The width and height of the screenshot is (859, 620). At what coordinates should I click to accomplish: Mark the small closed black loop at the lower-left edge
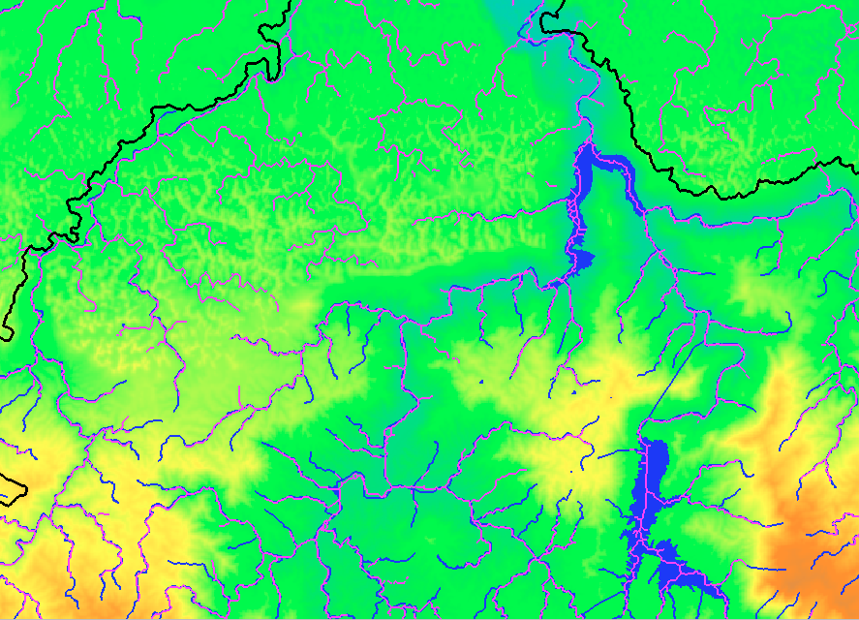point(12,489)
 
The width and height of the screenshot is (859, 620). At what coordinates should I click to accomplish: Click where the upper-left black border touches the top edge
point(290,2)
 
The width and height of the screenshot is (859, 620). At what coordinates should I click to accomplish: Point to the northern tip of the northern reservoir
point(584,144)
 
